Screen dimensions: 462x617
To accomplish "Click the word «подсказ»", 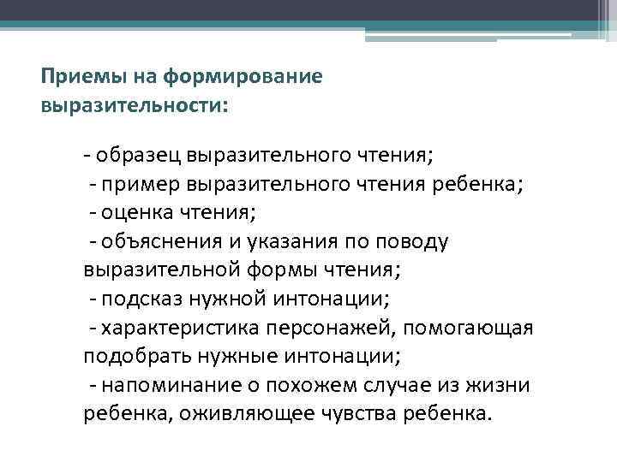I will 141,299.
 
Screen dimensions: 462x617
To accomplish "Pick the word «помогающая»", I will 467,328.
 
